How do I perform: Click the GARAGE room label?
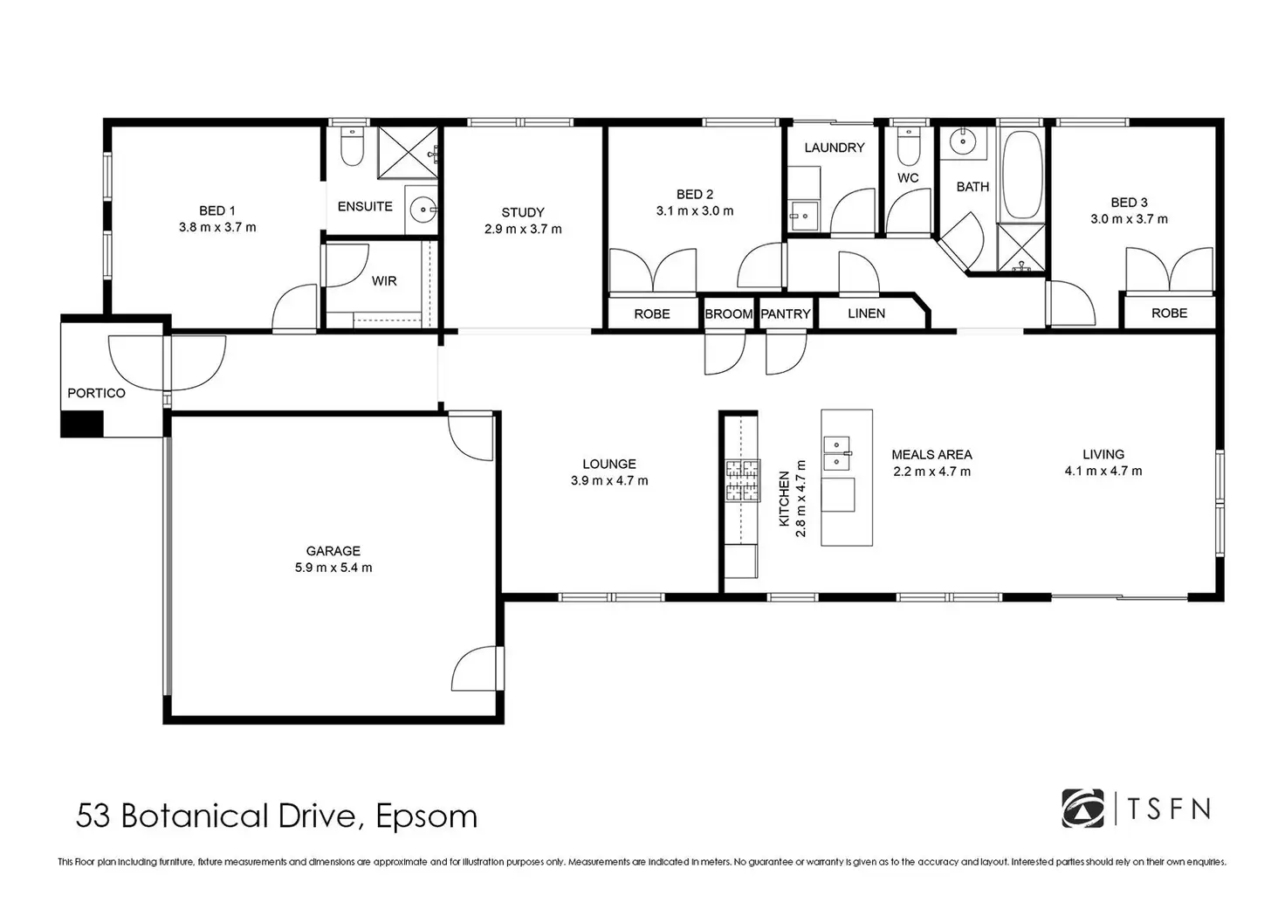click(333, 551)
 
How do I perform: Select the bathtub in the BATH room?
click(1021, 175)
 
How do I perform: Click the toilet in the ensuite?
click(352, 147)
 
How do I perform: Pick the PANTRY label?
click(786, 313)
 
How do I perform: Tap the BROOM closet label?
click(729, 313)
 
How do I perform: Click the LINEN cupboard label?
click(866, 313)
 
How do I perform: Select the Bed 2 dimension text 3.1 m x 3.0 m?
click(695, 210)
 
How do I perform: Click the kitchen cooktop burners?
click(743, 481)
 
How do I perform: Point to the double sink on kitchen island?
click(837, 453)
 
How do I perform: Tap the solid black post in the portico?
click(82, 424)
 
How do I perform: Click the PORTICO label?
click(96, 393)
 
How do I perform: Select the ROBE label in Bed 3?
click(1169, 313)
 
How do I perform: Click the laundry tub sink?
click(802, 215)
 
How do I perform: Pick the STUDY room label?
click(523, 212)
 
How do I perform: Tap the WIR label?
click(384, 280)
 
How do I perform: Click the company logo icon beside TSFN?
click(1082, 809)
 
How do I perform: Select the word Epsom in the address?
click(426, 817)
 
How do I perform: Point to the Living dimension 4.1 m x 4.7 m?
click(1103, 471)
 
